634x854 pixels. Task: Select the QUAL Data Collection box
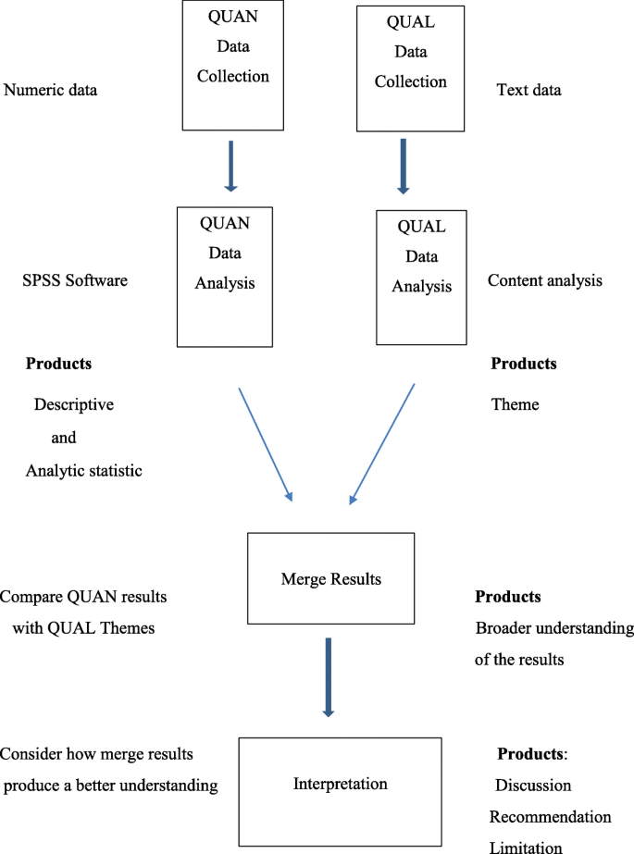coord(409,69)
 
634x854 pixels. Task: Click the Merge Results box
coord(330,578)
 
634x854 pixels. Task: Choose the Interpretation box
coord(340,784)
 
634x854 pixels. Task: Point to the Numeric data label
coord(51,91)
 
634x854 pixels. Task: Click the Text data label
coord(528,91)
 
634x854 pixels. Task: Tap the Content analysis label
coord(544,279)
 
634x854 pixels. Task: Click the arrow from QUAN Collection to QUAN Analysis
coord(230,167)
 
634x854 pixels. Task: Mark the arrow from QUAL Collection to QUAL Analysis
coord(403,167)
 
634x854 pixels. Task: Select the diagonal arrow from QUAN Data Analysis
coord(266,444)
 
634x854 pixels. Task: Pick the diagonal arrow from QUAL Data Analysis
coord(381,444)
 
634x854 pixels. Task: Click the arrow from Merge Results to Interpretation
coord(328,675)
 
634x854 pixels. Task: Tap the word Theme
coord(515,404)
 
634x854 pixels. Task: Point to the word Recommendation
coord(550,817)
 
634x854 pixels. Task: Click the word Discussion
coord(533,786)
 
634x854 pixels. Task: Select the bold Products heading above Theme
coord(523,364)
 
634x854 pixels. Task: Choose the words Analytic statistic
coord(83,471)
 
